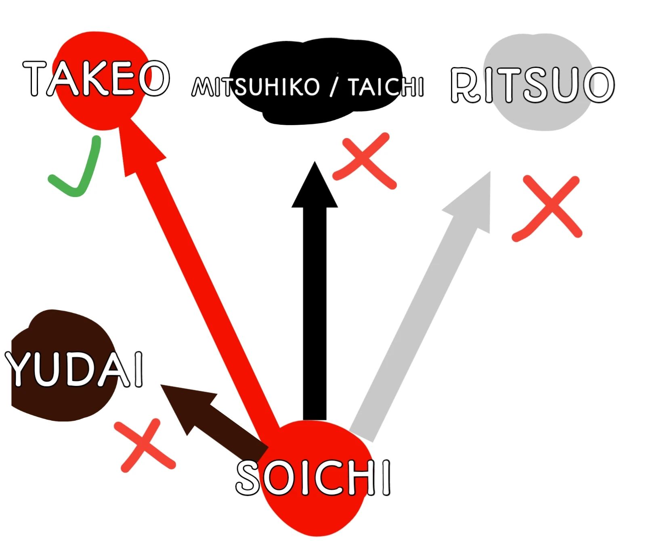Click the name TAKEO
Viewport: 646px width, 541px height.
(96, 78)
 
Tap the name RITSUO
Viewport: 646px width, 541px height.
(532, 85)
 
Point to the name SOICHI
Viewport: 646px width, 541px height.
(313, 477)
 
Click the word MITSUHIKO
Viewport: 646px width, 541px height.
(256, 87)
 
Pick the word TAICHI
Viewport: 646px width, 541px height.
(386, 87)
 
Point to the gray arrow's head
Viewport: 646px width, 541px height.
(476, 198)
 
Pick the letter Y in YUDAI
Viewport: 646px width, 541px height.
(20, 368)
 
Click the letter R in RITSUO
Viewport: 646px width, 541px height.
(466, 85)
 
